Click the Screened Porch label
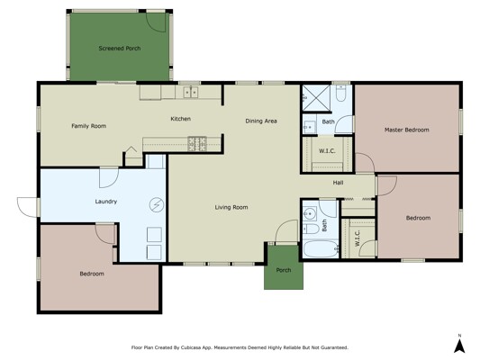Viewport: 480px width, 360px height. tap(120, 49)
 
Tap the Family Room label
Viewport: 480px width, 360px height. tap(89, 126)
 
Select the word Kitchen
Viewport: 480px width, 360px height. tap(181, 119)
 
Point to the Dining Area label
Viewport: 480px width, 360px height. tap(261, 121)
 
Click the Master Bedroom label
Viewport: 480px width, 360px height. tap(406, 130)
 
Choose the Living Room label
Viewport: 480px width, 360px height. tap(231, 207)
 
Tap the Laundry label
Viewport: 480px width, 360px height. tap(106, 202)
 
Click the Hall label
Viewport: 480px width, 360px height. tap(338, 183)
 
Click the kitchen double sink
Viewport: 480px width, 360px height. tap(191, 92)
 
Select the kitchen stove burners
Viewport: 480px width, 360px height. tap(197, 144)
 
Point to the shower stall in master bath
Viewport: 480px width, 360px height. tap(316, 98)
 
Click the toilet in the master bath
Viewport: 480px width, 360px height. tap(340, 94)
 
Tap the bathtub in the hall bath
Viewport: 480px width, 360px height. tap(321, 249)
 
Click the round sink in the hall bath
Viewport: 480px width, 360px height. tap(310, 212)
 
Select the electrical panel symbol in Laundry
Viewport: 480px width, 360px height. tap(157, 205)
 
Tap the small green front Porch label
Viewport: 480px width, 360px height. tap(284, 270)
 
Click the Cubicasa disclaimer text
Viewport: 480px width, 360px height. tap(240, 347)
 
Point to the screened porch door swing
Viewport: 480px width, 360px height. tap(156, 22)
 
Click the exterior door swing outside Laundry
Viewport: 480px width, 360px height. tap(28, 207)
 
